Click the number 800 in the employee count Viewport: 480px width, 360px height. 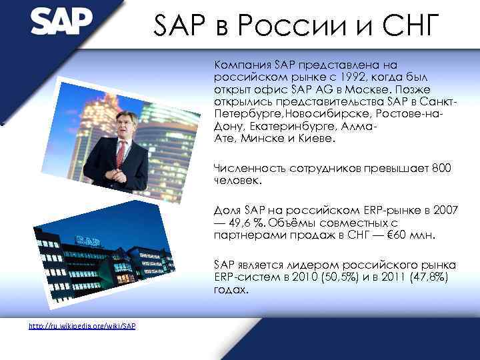[x=441, y=169]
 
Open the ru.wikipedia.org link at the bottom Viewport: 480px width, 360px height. [x=83, y=326]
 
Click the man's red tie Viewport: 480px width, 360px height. [x=121, y=154]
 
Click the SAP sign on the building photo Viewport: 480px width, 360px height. [x=89, y=238]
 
